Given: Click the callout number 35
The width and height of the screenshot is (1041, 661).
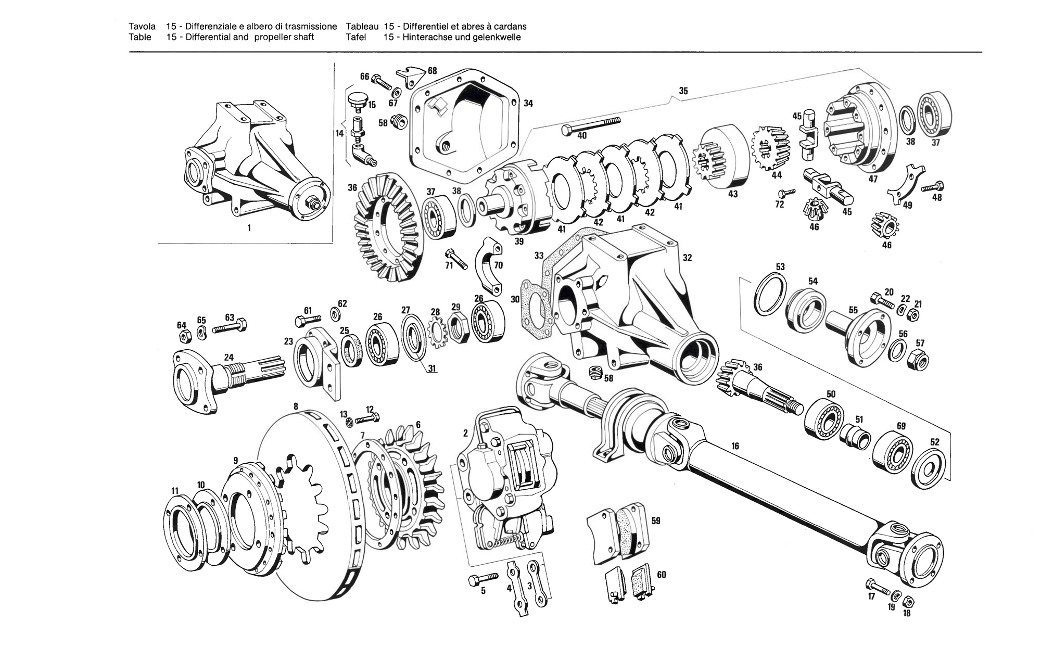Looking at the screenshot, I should click(683, 91).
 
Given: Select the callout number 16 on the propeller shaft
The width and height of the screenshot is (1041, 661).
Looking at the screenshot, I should click(735, 446).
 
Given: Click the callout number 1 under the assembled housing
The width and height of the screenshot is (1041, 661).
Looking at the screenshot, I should click(249, 227).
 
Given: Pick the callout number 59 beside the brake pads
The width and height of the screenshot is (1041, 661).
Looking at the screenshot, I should click(656, 520).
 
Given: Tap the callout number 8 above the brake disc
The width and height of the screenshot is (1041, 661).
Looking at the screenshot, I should click(296, 406).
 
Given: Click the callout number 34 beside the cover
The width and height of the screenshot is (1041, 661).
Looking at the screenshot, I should click(528, 103).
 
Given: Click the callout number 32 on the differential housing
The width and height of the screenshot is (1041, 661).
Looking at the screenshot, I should click(687, 258).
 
